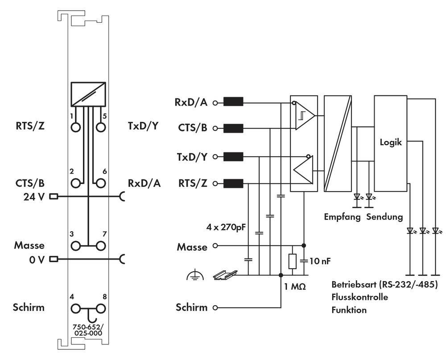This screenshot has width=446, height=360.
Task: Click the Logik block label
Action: pos(391,143)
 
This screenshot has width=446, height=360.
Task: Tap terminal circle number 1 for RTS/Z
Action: pos(76,127)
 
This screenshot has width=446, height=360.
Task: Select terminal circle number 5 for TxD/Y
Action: pos(101,127)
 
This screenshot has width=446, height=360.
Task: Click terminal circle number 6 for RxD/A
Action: pos(101,183)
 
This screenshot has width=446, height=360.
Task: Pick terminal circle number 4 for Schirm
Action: pos(76,308)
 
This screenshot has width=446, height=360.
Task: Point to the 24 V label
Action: pos(34,196)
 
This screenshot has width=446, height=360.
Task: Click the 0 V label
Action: pos(37,259)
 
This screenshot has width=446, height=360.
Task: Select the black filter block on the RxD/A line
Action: pos(233,102)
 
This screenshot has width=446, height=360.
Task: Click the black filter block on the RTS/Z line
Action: pos(233,184)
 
